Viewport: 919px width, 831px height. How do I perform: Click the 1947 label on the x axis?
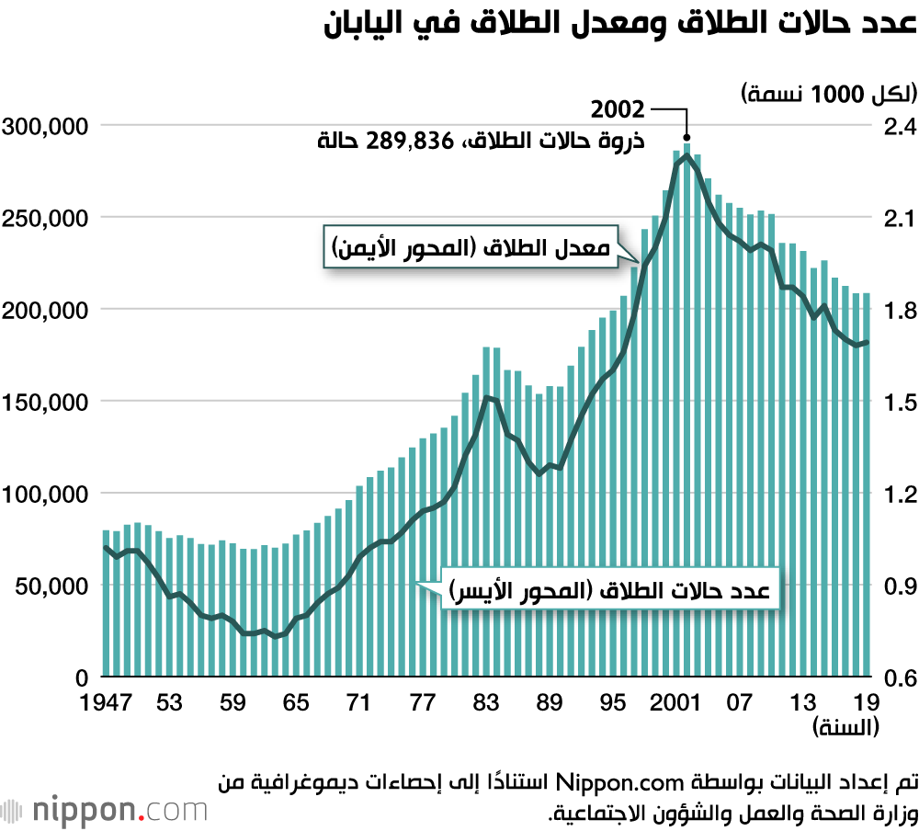pyautogui.click(x=106, y=703)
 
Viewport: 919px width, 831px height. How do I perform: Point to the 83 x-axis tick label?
pyautogui.click(x=484, y=703)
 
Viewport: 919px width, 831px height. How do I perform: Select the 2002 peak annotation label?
pyautogui.click(x=618, y=110)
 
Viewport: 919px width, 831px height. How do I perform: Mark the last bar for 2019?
pyautogui.click(x=866, y=484)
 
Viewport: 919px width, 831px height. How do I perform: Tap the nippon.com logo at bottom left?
pyautogui.click(x=106, y=810)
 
